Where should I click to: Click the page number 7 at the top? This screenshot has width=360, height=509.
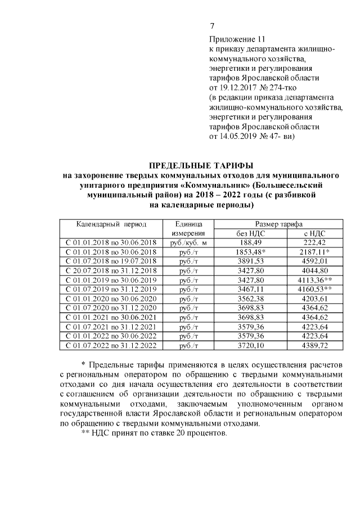pyautogui.click(x=212, y=26)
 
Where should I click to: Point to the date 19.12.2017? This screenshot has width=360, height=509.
pyautogui.click(x=240, y=88)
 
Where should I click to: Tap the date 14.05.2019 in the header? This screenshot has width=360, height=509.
pyautogui.click(x=240, y=136)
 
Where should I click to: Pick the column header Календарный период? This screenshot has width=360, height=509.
pyautogui.click(x=111, y=224)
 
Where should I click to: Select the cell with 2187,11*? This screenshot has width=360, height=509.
pyautogui.click(x=308, y=252)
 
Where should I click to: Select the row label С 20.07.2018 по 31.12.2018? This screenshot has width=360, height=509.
pyautogui.click(x=111, y=271)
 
